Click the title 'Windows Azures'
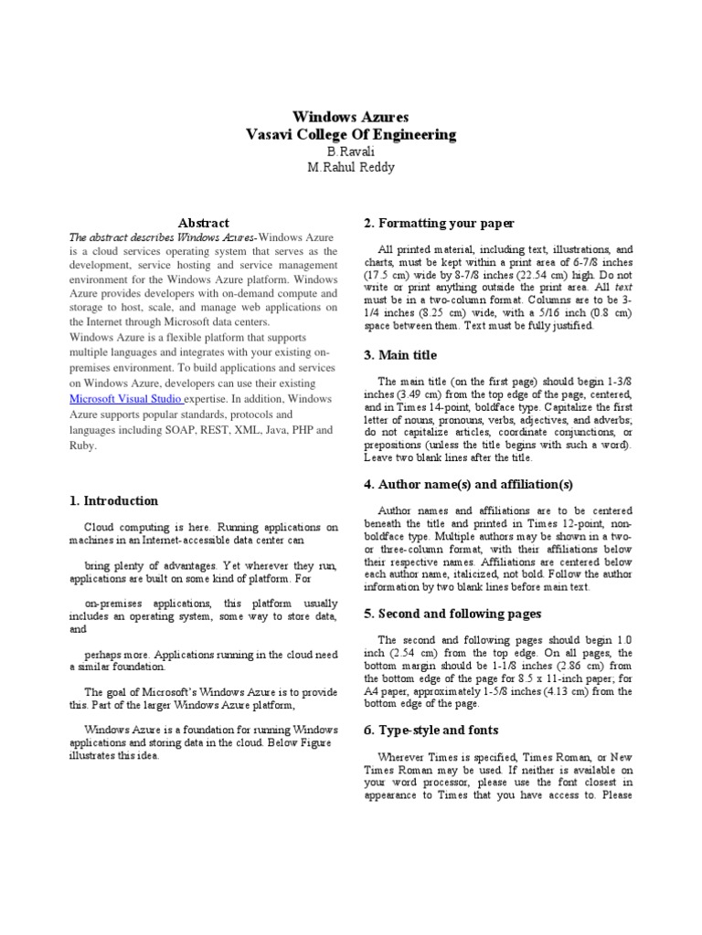coord(350,117)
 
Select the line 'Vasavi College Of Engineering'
coord(350,134)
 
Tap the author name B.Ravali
coord(350,151)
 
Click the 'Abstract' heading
coord(204,223)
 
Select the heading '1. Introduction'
coord(113,500)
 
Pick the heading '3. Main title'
coord(400,355)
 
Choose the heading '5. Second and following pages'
coord(452,614)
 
